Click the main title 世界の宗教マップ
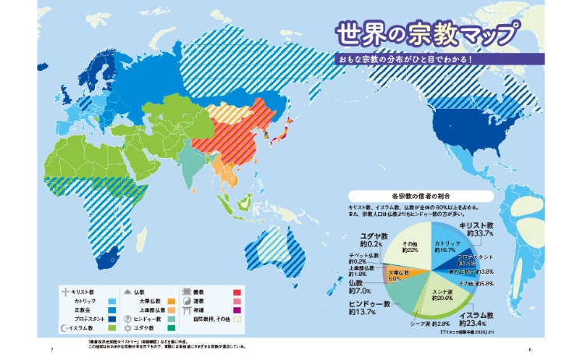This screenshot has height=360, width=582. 427,35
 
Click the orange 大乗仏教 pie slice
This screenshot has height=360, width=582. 398,274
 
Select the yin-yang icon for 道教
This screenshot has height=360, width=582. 184,300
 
